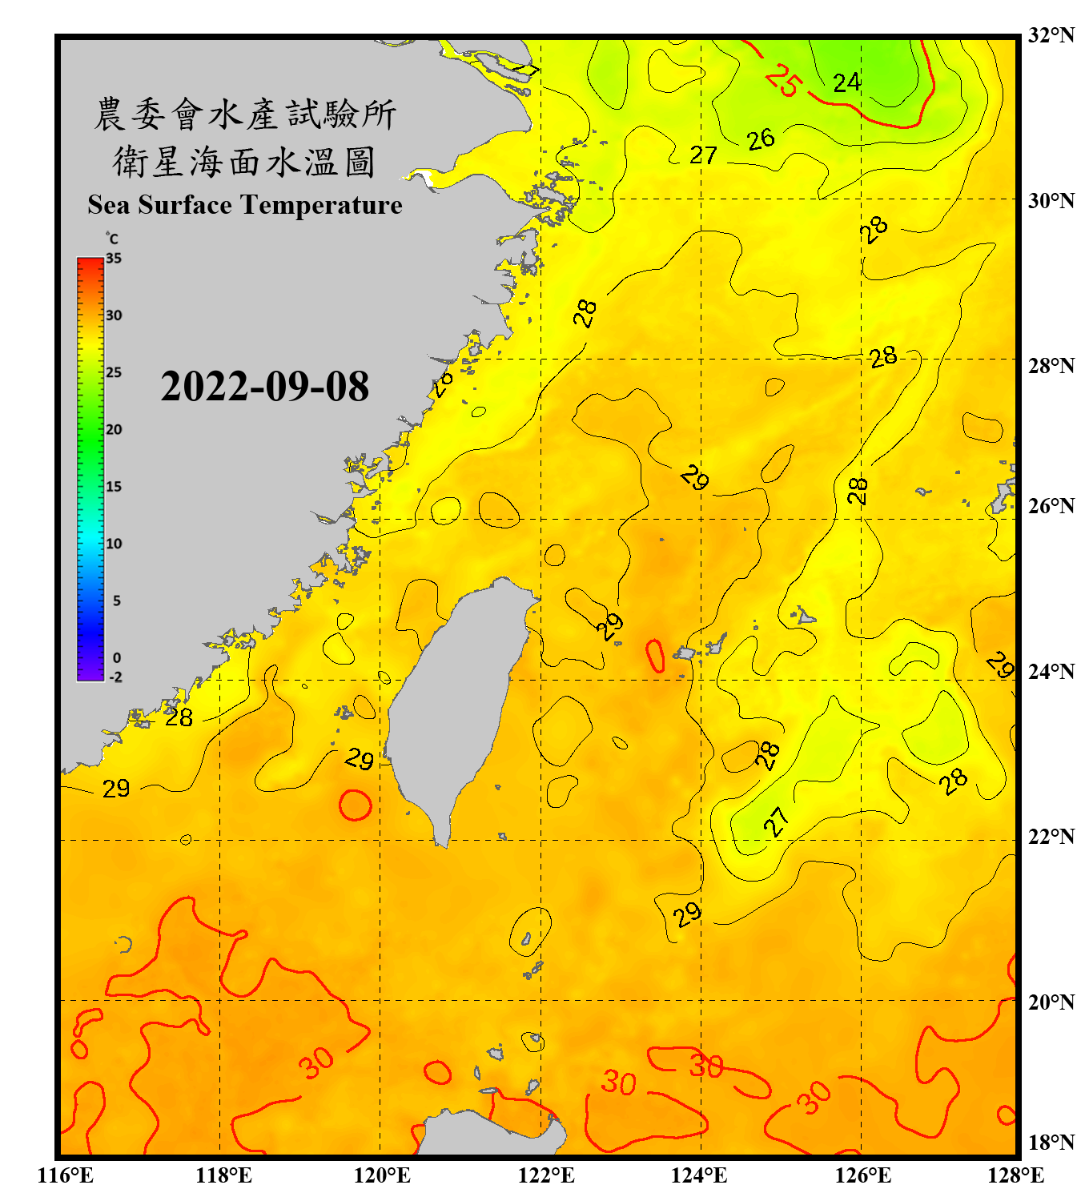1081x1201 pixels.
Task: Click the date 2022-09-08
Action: [x=264, y=387]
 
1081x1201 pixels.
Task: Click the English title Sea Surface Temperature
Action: [x=245, y=205]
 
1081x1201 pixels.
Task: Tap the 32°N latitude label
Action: [x=1051, y=35]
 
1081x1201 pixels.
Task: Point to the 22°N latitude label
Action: [x=1051, y=837]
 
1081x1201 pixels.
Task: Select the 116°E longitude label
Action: [x=66, y=1175]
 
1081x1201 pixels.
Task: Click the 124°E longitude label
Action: [x=699, y=1175]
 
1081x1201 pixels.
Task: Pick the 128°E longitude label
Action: [x=1015, y=1175]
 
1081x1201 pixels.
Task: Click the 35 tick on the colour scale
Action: [x=114, y=259]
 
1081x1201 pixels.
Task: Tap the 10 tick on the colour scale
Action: [x=114, y=544]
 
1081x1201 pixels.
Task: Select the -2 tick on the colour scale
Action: [x=115, y=677]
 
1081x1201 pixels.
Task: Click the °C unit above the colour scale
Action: [x=112, y=239]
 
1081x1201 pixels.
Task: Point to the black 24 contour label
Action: [x=846, y=82]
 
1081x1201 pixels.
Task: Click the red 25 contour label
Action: [x=782, y=81]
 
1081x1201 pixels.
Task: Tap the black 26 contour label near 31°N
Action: [x=761, y=139]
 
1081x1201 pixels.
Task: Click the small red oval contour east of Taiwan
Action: [x=655, y=656]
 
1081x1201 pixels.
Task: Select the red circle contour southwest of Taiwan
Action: [x=356, y=805]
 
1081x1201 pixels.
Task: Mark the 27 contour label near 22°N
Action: [x=775, y=821]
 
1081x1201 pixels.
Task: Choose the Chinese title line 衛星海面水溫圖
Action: [x=244, y=163]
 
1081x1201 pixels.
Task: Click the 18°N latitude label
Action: [x=1051, y=1143]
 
